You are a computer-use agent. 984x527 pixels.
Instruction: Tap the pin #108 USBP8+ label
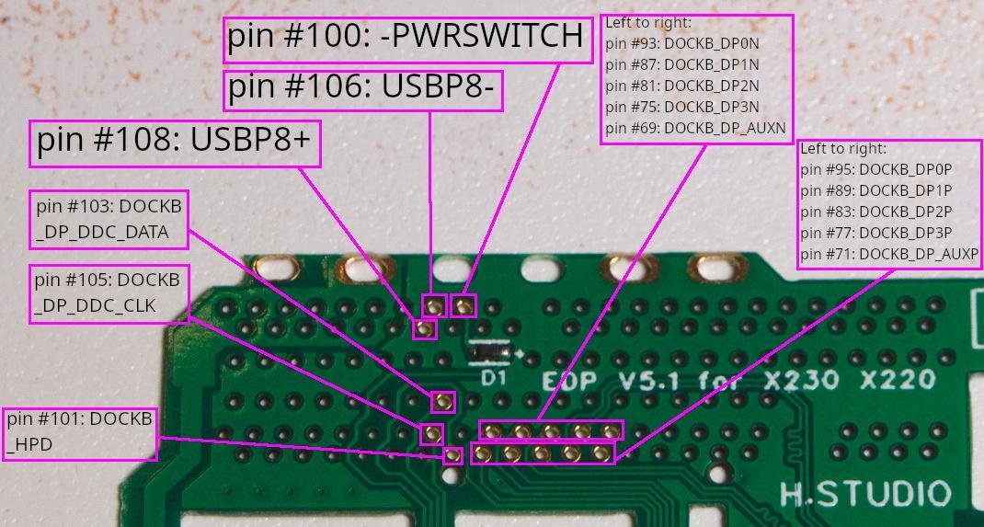pos(175,143)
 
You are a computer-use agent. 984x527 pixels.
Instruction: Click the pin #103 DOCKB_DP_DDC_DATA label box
pos(109,219)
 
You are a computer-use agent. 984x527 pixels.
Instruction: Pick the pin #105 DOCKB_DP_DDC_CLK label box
pos(108,292)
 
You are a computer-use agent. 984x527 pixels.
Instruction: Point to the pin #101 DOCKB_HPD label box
pos(79,432)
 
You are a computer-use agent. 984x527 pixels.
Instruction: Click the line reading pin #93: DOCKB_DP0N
pos(682,43)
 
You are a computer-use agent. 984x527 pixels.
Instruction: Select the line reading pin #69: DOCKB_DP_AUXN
pos(696,128)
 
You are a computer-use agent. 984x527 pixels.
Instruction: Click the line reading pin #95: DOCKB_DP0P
pos(875,169)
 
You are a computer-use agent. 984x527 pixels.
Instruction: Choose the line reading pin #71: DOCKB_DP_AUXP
pos(888,254)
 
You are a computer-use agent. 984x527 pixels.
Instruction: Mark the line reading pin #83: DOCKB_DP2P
pos(875,212)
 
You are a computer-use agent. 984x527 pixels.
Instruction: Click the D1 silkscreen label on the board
pos(494,377)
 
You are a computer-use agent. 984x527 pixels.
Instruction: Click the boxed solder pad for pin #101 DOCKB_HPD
pos(452,454)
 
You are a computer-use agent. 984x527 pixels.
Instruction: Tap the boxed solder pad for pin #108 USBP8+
pos(424,327)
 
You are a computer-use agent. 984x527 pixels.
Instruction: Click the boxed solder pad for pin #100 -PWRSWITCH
pos(465,304)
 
